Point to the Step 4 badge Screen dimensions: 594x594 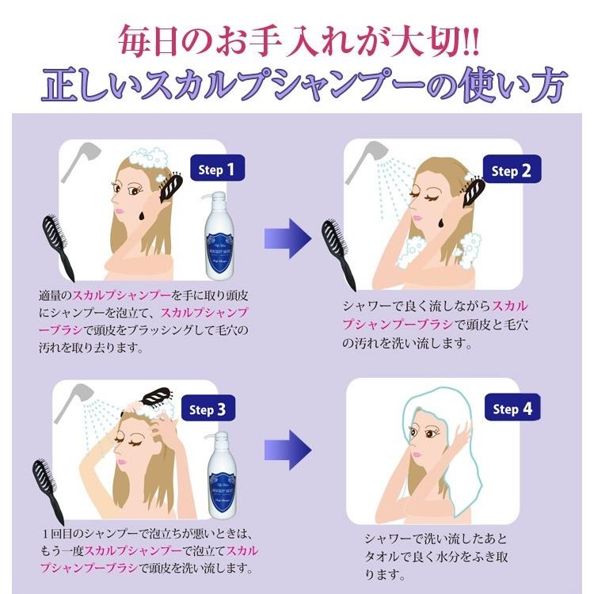[517, 409]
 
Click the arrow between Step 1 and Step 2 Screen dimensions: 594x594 [286, 235]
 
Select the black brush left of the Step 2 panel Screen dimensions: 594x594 [334, 253]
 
